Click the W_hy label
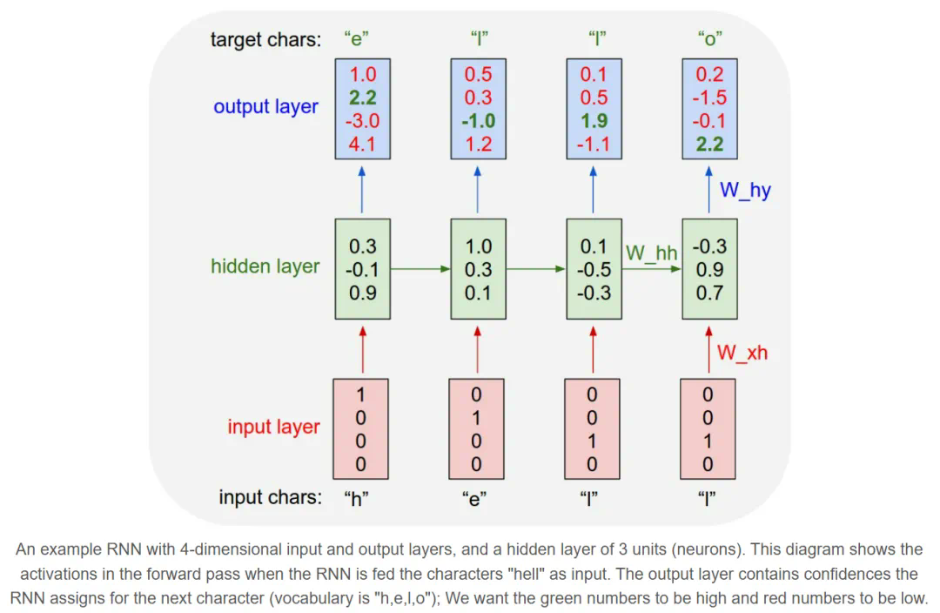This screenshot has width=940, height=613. pos(745,190)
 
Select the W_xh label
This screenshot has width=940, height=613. pos(742,353)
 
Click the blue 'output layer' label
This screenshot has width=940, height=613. pos(265,107)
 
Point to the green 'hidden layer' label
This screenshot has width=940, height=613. pos(265,266)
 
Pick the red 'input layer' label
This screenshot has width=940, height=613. pos(273,427)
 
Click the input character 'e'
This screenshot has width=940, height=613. pos(473,499)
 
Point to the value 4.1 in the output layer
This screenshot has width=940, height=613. pos(361,144)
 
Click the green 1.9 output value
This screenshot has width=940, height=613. pos(594,121)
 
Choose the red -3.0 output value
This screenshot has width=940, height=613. pos(361,121)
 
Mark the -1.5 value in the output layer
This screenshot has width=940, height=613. pos(708,98)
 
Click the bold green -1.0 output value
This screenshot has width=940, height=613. pos(478,121)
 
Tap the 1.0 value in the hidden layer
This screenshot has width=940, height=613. pos(478,246)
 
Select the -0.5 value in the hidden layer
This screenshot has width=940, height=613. pos(594,270)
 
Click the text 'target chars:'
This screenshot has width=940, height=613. pos(265,39)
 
